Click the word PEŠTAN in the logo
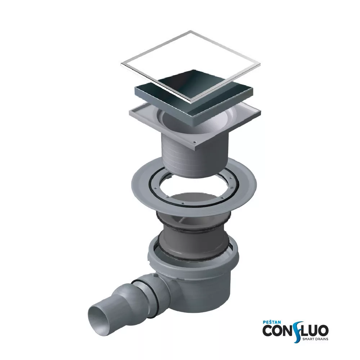coord(271,322)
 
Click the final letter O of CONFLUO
coord(323,330)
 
